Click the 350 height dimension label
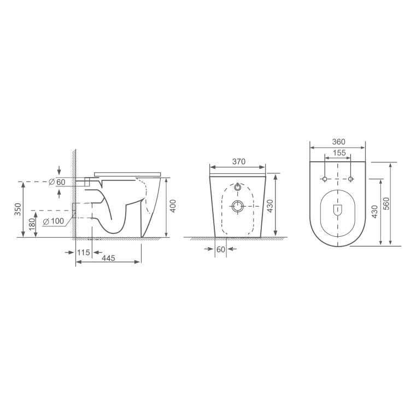coord(18,209)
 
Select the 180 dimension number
coord(32,224)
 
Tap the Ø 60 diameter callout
coord(57,182)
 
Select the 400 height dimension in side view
coord(173,207)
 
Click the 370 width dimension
coord(238,161)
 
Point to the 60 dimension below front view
coord(221,249)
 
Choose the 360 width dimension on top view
coord(338,140)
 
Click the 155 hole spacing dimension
coord(338,154)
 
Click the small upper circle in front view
coord(238,187)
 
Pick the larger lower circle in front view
coord(238,206)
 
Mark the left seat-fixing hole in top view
coord(325,179)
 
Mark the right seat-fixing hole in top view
coord(350,179)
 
